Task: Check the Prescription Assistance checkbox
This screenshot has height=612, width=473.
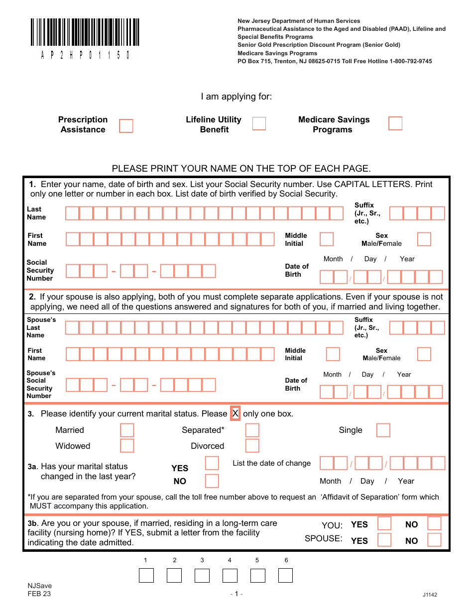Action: point(126,125)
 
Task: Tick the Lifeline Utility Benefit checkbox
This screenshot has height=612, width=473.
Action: point(259,123)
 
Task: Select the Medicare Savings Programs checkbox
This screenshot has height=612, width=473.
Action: point(395,123)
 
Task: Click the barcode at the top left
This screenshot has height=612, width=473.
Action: point(85,33)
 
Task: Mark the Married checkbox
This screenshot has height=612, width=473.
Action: point(127,430)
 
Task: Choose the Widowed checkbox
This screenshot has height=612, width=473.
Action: point(127,445)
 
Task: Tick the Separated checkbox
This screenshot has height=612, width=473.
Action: point(252,430)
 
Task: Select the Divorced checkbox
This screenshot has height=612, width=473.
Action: point(252,445)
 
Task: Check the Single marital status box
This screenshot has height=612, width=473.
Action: point(383,430)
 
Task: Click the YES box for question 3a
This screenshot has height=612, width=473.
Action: point(212,463)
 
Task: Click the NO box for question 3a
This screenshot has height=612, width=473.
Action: point(212,481)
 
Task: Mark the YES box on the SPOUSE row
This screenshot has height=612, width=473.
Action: point(384,540)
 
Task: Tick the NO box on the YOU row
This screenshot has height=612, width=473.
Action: point(435,523)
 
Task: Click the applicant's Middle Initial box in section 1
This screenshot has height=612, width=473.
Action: point(327,239)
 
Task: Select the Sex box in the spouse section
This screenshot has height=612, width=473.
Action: point(424,354)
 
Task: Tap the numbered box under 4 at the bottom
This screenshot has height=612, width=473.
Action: point(230,576)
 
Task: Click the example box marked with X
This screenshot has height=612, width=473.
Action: point(236,413)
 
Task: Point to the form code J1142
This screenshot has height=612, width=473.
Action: point(430,595)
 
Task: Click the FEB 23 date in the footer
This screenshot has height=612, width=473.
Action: point(39,594)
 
